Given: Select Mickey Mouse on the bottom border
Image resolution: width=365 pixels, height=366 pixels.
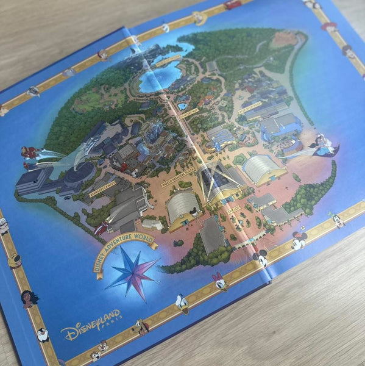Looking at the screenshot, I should [x=260, y=259].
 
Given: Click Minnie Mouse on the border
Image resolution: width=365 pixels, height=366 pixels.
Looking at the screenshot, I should [x=299, y=240].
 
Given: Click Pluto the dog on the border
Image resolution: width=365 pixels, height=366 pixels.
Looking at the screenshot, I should [x=142, y=327].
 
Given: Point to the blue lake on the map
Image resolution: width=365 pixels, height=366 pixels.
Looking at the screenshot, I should [x=160, y=77].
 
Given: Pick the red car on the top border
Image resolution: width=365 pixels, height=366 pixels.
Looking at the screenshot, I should [x=233, y=5].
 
